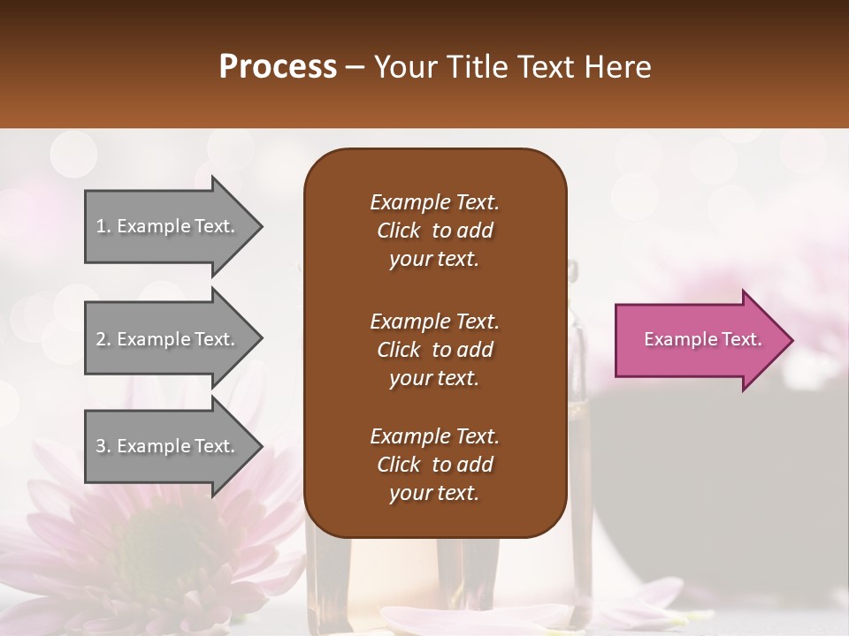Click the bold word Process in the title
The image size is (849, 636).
click(x=278, y=67)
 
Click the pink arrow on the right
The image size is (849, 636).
click(x=699, y=339)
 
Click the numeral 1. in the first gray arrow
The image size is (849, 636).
click(x=103, y=226)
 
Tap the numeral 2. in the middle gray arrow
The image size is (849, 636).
click(x=103, y=339)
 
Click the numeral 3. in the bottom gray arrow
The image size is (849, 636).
click(x=103, y=446)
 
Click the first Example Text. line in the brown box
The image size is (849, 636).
click(x=434, y=202)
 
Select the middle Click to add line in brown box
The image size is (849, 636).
click(x=434, y=350)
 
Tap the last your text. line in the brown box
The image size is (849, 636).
click(x=434, y=494)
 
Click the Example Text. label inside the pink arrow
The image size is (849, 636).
click(x=702, y=339)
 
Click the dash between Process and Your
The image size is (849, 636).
click(x=356, y=67)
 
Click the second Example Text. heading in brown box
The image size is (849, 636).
click(x=434, y=321)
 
